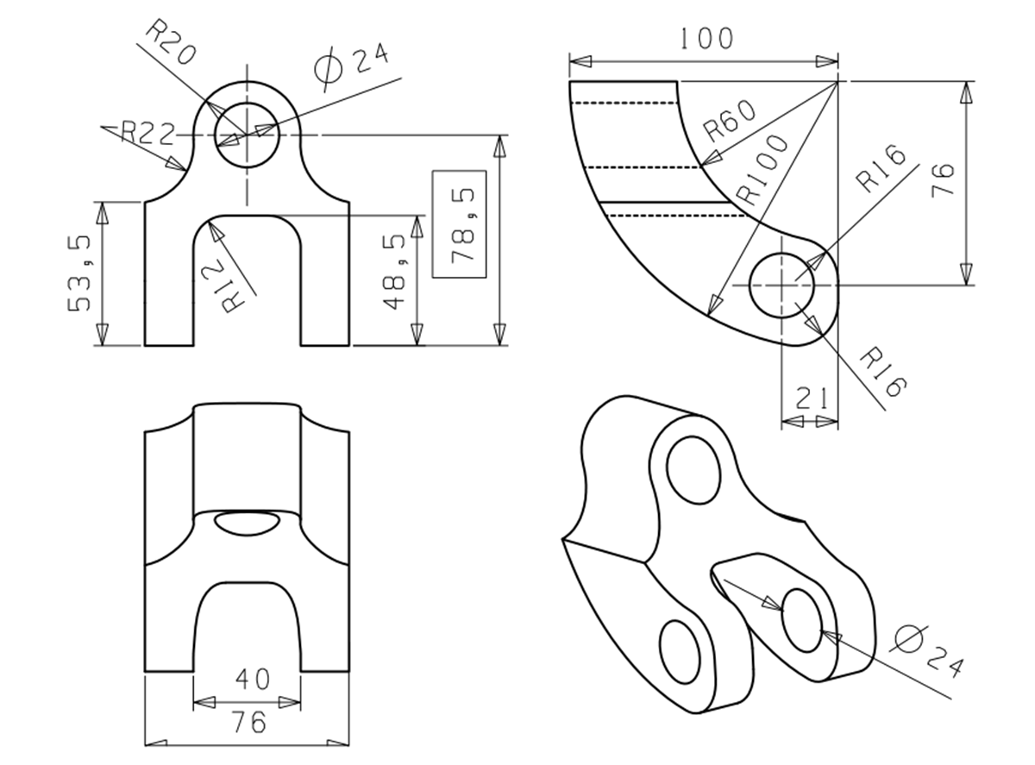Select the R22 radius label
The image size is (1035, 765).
coord(147,132)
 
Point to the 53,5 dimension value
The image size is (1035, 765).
coord(83,273)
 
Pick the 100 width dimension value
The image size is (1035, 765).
coord(706,39)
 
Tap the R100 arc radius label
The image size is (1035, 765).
coord(763,169)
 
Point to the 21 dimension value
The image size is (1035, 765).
coord(812,398)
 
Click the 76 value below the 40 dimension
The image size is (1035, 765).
coord(249,722)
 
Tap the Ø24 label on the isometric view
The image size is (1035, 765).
coord(927,649)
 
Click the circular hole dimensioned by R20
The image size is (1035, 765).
coord(247,136)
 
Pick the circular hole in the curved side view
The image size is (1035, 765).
coord(782,285)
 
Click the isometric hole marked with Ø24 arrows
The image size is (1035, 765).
coord(803,620)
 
